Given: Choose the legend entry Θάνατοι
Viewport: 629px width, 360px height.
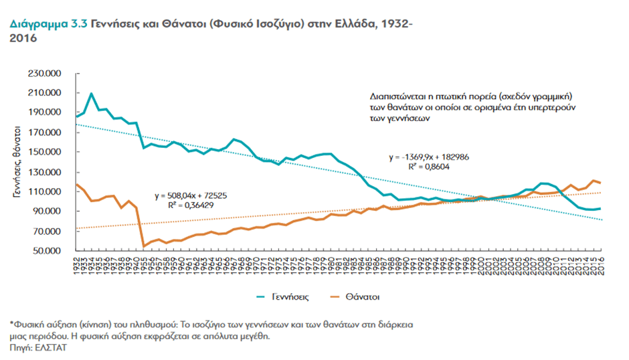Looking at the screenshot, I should point(364,295).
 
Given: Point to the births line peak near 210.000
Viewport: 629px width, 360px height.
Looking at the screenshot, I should point(91,94).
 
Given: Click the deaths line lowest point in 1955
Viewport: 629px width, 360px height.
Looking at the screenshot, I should point(144,246).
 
